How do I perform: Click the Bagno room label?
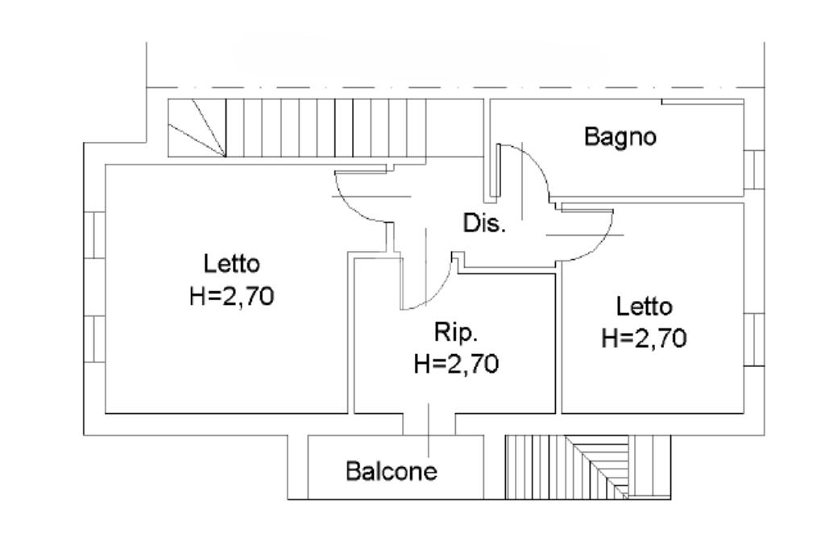(620, 137)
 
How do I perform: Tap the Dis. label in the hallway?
(484, 223)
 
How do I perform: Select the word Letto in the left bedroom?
(231, 264)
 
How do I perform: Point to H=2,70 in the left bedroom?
(232, 296)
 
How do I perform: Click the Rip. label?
(455, 332)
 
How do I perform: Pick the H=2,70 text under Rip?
(456, 364)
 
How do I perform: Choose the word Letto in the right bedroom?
(644, 307)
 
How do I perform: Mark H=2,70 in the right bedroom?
(645, 339)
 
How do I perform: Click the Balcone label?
(392, 470)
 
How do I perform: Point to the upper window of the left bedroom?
(94, 235)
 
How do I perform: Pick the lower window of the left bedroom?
(94, 340)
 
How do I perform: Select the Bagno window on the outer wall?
(753, 169)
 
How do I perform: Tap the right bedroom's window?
(753, 340)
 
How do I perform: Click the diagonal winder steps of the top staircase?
(196, 128)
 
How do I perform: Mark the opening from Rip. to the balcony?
(429, 424)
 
